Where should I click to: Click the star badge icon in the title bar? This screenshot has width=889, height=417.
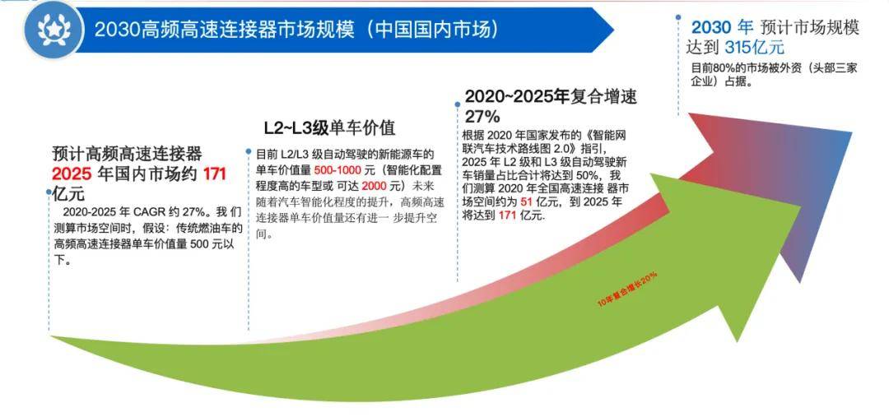pos(54,30)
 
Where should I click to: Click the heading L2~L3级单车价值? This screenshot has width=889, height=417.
pos(329,128)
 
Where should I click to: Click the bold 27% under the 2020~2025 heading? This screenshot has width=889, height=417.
pos(482,116)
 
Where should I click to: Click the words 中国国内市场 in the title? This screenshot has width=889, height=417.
pos(434,30)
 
